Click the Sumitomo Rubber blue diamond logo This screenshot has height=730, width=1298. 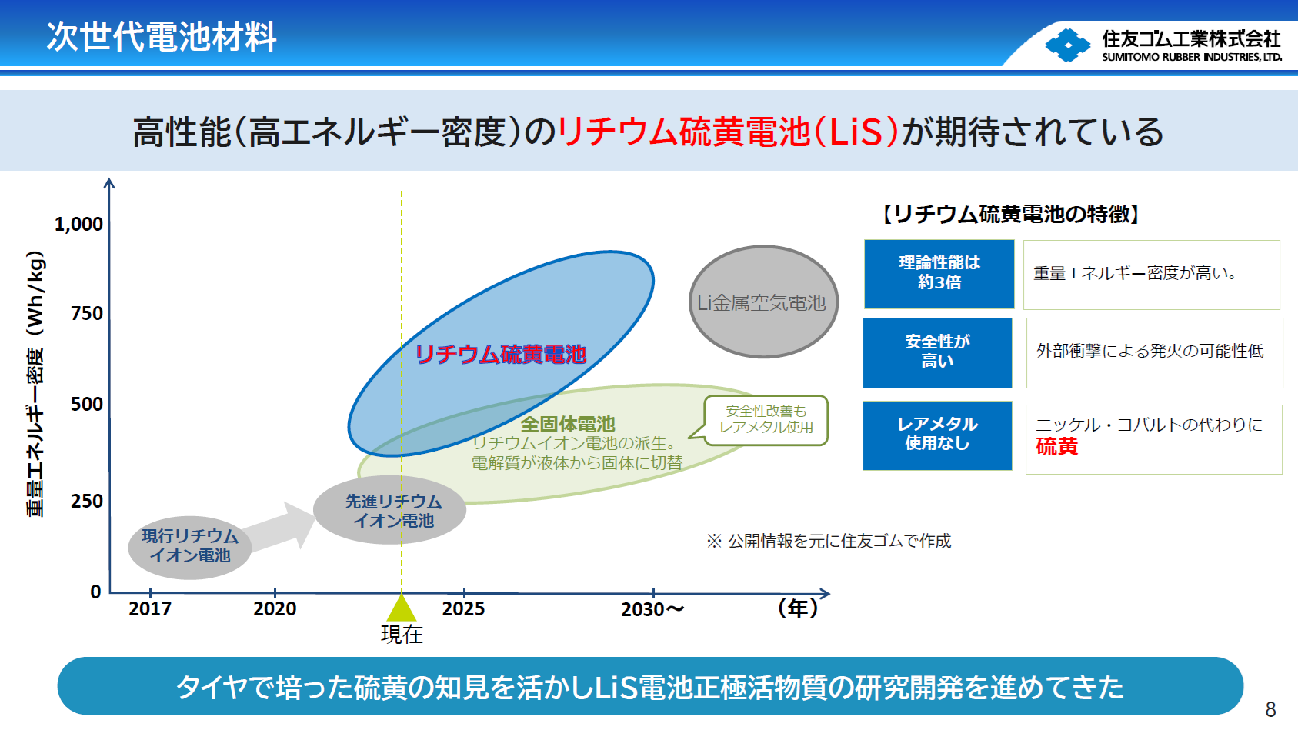(1067, 45)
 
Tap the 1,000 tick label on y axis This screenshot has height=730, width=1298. (78, 224)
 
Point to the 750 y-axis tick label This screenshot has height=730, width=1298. (86, 314)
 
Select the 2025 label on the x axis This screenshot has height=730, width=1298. (463, 609)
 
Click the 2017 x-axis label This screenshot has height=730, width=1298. (150, 609)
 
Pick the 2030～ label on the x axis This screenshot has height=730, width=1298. (652, 609)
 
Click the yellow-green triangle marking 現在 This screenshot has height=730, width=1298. (402, 608)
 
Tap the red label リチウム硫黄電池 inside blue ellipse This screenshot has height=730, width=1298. (501, 354)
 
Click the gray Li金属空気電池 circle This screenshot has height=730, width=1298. (762, 302)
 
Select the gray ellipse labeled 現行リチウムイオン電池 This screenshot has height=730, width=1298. (189, 547)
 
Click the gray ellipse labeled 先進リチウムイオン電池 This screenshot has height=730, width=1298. (390, 511)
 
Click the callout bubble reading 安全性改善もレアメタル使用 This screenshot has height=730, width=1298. (766, 420)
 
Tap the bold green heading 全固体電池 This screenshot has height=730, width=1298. (568, 424)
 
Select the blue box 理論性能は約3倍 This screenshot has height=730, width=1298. (939, 273)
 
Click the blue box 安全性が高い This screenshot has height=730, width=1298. (937, 352)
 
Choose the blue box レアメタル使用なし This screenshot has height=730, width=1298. (937, 435)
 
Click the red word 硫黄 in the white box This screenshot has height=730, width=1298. (1056, 447)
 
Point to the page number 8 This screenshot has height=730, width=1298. (1270, 709)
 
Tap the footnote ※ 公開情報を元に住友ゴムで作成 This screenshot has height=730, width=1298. (829, 542)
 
